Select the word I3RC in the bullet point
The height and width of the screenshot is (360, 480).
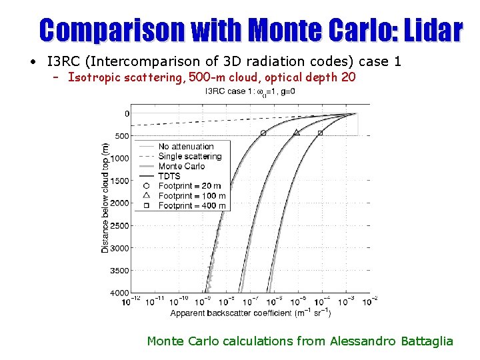pos(63,62)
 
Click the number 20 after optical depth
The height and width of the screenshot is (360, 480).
pos(348,77)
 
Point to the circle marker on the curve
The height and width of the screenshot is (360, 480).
pos(263,133)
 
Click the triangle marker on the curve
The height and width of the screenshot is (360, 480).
pos(297,133)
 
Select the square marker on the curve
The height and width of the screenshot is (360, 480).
pos(320,133)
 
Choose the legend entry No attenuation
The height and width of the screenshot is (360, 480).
pos(186,147)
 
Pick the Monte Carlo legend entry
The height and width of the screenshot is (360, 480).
pos(181,166)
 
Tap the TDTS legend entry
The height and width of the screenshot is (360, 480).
pos(169,176)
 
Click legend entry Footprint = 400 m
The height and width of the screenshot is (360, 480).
pos(192,205)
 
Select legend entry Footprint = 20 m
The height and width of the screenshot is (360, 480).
pos(190,186)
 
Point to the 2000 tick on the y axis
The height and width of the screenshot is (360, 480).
pos(120,203)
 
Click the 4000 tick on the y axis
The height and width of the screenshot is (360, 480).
pos(120,293)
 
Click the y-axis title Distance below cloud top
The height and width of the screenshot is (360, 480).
pos(105,197)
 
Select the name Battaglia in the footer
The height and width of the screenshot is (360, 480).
pos(427,341)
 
